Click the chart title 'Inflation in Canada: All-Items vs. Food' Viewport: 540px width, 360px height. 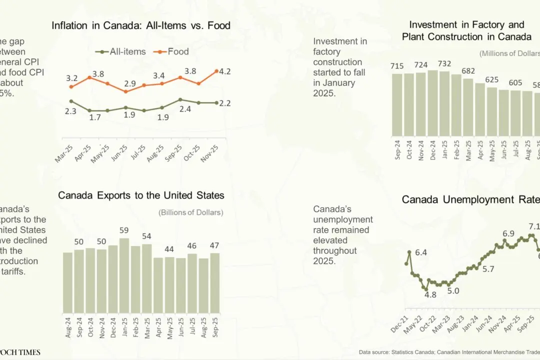[x=141, y=25]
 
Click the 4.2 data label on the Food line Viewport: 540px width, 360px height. [x=224, y=71]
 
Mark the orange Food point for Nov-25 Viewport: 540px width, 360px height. [x=216, y=71]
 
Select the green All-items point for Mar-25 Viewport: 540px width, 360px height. [x=71, y=101]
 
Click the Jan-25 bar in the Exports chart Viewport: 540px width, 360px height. [x=124, y=275]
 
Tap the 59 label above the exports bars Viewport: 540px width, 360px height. [x=124, y=230]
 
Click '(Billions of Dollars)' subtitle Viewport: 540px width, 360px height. [x=191, y=212]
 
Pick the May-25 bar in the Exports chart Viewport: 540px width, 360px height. [x=169, y=285]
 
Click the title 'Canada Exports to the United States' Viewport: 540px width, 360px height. [x=141, y=195]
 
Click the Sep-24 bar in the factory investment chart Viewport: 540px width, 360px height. [x=397, y=105]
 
